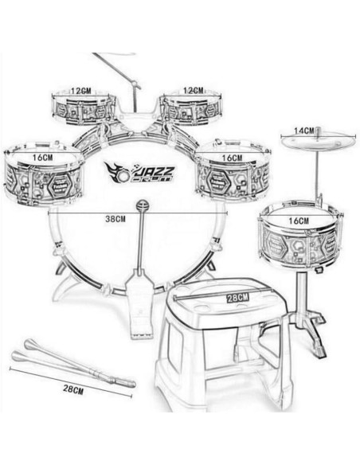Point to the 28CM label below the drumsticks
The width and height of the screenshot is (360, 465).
click(72, 390)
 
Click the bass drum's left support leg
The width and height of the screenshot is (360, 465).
click(70, 279)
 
